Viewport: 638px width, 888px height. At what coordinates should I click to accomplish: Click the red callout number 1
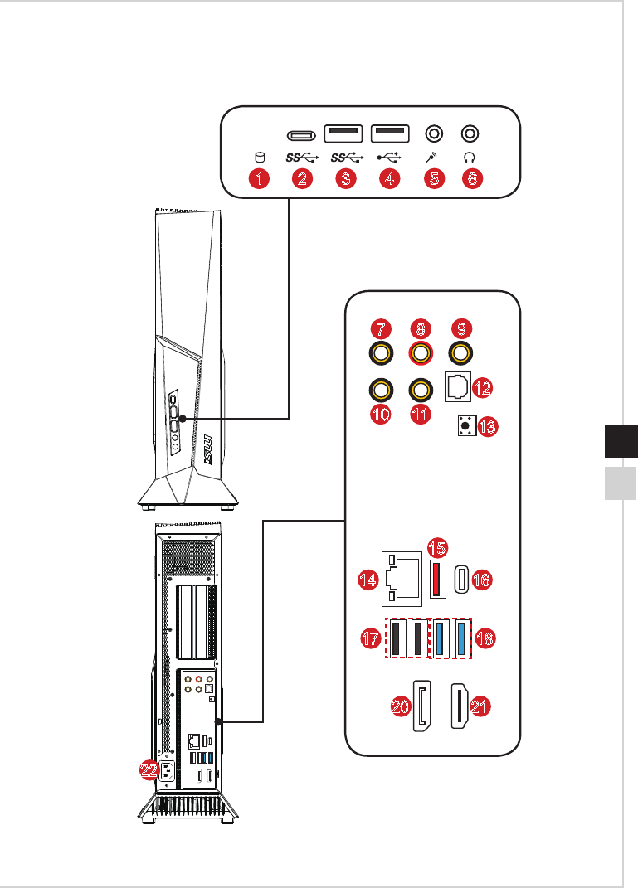point(259,179)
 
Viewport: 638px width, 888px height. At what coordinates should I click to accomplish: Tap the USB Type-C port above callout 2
point(301,136)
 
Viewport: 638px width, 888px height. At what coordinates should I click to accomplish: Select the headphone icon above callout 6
point(469,157)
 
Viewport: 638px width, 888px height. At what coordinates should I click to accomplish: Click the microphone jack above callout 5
point(434,133)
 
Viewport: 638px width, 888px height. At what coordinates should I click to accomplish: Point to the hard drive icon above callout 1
point(260,157)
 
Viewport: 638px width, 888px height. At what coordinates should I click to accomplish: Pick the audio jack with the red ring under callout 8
point(421,354)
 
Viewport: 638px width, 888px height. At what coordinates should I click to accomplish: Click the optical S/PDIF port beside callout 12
point(458,387)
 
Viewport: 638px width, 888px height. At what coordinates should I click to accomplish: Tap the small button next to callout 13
point(466,425)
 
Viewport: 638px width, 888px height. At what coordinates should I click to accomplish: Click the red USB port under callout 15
point(437,579)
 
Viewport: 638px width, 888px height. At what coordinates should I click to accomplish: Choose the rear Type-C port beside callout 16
point(462,580)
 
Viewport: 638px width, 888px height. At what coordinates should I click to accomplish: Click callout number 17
point(371,638)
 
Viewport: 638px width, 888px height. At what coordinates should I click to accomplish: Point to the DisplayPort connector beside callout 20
point(421,706)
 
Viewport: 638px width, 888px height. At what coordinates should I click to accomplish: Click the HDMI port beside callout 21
point(459,706)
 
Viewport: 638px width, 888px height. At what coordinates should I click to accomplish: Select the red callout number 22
point(149,770)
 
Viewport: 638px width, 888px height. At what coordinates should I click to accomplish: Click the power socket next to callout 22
point(167,770)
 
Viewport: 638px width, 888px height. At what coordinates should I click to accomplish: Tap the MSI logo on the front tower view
point(207,450)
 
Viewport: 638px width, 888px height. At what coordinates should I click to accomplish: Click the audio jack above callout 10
point(381,391)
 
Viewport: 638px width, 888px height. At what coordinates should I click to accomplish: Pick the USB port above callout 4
point(390,133)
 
